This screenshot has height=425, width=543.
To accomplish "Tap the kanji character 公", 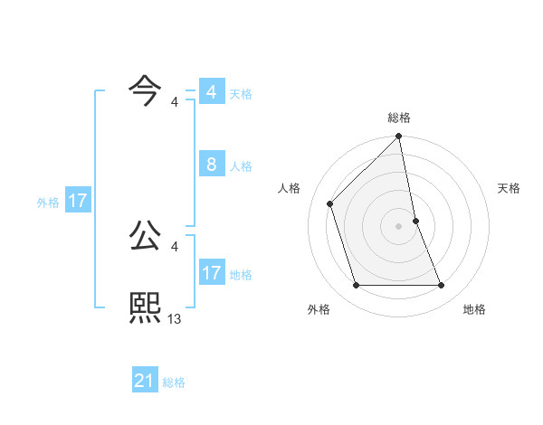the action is pyautogui.click(x=146, y=237).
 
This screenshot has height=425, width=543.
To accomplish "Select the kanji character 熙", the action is pyautogui.click(x=146, y=308).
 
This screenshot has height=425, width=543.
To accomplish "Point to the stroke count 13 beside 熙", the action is pyautogui.click(x=175, y=318).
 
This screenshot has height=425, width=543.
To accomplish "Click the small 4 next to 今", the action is pyautogui.click(x=175, y=102).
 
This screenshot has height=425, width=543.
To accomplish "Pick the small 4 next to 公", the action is pyautogui.click(x=175, y=247).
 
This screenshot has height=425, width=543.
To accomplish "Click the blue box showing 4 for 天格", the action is pyautogui.click(x=211, y=92).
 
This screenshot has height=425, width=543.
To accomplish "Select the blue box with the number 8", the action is pyautogui.click(x=211, y=165).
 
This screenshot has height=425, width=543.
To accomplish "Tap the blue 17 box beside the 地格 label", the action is pyautogui.click(x=211, y=273).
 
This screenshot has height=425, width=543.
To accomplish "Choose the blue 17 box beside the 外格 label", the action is pyautogui.click(x=78, y=201).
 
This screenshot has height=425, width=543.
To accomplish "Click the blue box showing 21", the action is pyautogui.click(x=145, y=381).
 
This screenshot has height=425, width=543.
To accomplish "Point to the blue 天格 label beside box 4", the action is pyautogui.click(x=241, y=94).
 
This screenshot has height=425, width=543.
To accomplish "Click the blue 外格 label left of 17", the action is pyautogui.click(x=48, y=203).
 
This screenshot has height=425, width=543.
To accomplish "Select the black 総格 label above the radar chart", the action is pyautogui.click(x=399, y=118).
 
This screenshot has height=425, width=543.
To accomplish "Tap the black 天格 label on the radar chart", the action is pyautogui.click(x=510, y=188).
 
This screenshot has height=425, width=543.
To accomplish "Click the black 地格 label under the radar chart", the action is pyautogui.click(x=474, y=309).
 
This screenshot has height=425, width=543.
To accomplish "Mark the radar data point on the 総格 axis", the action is pyautogui.click(x=399, y=137).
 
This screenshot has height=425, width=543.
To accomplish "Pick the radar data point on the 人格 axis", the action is pyautogui.click(x=330, y=203).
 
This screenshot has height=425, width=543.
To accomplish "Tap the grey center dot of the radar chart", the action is pyautogui.click(x=399, y=225).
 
